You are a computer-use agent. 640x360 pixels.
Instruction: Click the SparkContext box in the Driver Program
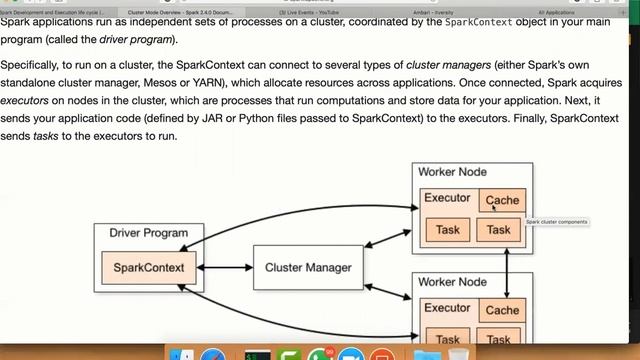pyautogui.click(x=147, y=267)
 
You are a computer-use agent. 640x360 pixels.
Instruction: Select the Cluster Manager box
pyautogui.click(x=308, y=268)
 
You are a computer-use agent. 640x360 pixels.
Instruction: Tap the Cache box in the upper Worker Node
pyautogui.click(x=502, y=200)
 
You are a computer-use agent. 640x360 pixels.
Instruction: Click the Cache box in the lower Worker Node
pyautogui.click(x=502, y=311)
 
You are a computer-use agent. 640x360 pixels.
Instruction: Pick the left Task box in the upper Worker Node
pyautogui.click(x=448, y=230)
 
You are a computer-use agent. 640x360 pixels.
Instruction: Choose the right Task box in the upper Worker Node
pyautogui.click(x=499, y=230)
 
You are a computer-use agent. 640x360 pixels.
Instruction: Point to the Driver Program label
pyautogui.click(x=148, y=233)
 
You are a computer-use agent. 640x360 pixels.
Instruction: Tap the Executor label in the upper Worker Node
pyautogui.click(x=446, y=198)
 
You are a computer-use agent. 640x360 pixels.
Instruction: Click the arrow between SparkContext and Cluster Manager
pyautogui.click(x=225, y=268)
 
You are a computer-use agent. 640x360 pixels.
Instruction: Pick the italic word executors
pyautogui.click(x=30, y=101)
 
